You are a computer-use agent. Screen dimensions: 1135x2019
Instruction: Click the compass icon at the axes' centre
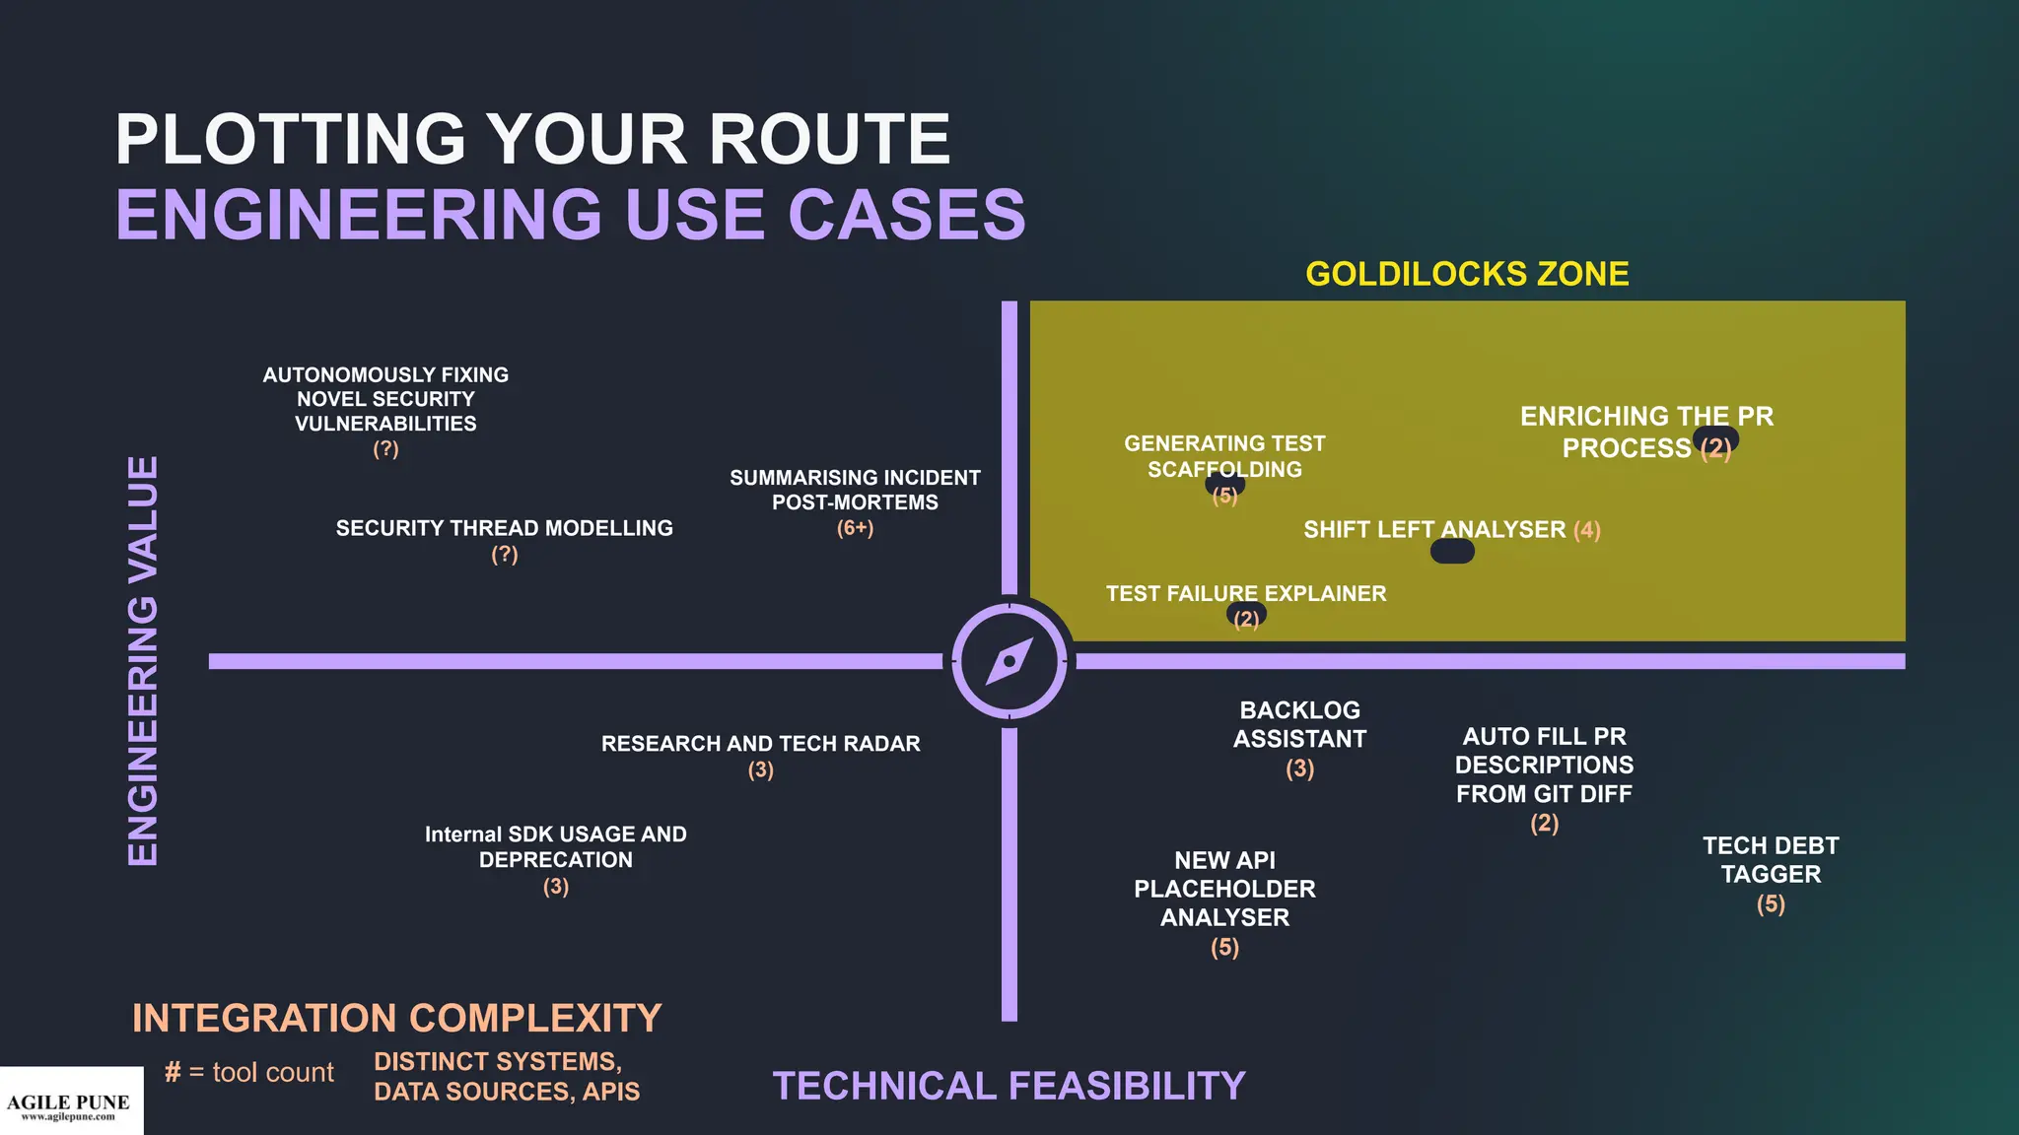1009,661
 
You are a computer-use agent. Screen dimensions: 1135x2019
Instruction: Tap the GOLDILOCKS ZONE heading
1467,274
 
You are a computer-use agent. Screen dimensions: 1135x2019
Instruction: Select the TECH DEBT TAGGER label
1771,860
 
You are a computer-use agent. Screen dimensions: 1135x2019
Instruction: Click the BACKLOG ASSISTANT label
1299,724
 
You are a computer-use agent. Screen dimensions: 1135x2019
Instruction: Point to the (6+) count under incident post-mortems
855,528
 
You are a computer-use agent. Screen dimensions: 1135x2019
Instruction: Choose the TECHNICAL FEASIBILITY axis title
1009,1086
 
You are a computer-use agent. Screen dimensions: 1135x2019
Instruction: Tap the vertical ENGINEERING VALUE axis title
144,661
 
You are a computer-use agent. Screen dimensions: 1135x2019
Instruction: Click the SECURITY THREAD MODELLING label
504,528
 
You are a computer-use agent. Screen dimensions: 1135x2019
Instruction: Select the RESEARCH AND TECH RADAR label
760,744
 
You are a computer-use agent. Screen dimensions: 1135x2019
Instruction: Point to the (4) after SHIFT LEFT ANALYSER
1587,530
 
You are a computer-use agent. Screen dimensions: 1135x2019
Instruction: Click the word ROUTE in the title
829,139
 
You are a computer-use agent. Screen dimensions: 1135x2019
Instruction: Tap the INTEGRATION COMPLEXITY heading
396,1018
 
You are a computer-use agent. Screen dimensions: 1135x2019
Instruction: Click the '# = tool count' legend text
249,1072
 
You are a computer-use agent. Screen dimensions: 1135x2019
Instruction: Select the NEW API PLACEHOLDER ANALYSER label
1224,889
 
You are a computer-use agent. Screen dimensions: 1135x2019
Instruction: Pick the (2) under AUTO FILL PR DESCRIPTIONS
1544,824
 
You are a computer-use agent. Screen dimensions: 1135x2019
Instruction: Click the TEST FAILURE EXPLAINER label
1245,593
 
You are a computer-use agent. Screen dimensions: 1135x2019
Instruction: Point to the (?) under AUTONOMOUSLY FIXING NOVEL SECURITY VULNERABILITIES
385,449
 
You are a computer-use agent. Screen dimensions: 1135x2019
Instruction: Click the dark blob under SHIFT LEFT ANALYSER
1452,552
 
